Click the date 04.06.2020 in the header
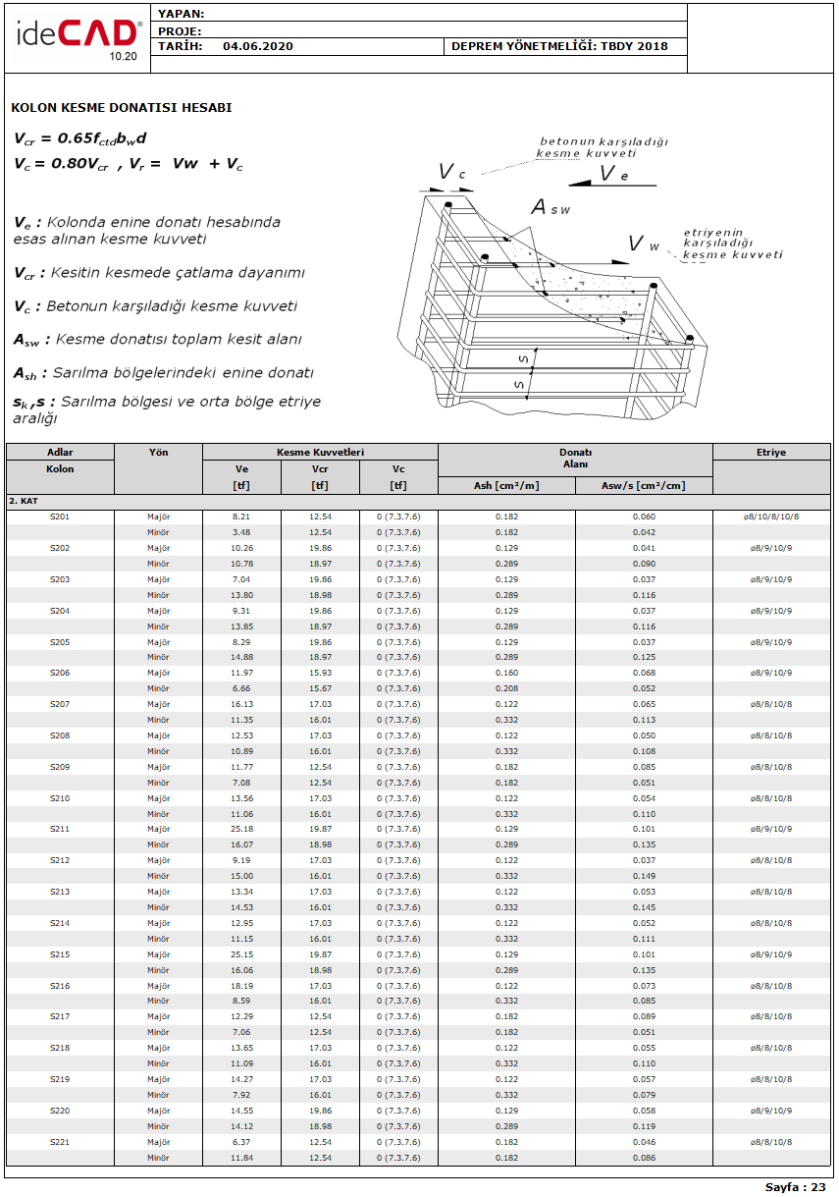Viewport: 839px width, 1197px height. [x=257, y=46]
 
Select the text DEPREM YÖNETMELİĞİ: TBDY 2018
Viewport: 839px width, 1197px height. [x=559, y=46]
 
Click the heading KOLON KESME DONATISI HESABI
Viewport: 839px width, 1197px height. [x=122, y=108]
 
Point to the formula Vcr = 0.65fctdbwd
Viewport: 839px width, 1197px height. [x=80, y=138]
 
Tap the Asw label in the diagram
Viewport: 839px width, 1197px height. [x=551, y=207]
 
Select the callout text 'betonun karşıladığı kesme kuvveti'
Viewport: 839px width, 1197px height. [x=603, y=147]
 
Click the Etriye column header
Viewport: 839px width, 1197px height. [x=770, y=453]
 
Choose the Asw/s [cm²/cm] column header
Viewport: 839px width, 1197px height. [x=643, y=485]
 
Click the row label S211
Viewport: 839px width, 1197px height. [x=60, y=829]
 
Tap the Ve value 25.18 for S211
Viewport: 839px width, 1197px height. [x=241, y=829]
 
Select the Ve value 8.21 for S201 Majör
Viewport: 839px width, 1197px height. [x=241, y=517]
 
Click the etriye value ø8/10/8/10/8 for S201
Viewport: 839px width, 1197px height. [x=770, y=517]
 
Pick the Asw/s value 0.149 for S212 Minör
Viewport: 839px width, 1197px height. [x=644, y=876]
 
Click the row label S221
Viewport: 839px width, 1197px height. [x=60, y=1142]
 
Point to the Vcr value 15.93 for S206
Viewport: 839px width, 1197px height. [x=320, y=673]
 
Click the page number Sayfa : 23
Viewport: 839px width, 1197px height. [x=795, y=1187]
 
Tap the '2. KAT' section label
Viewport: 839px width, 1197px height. [x=24, y=501]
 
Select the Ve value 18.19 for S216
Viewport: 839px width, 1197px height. [x=241, y=986]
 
